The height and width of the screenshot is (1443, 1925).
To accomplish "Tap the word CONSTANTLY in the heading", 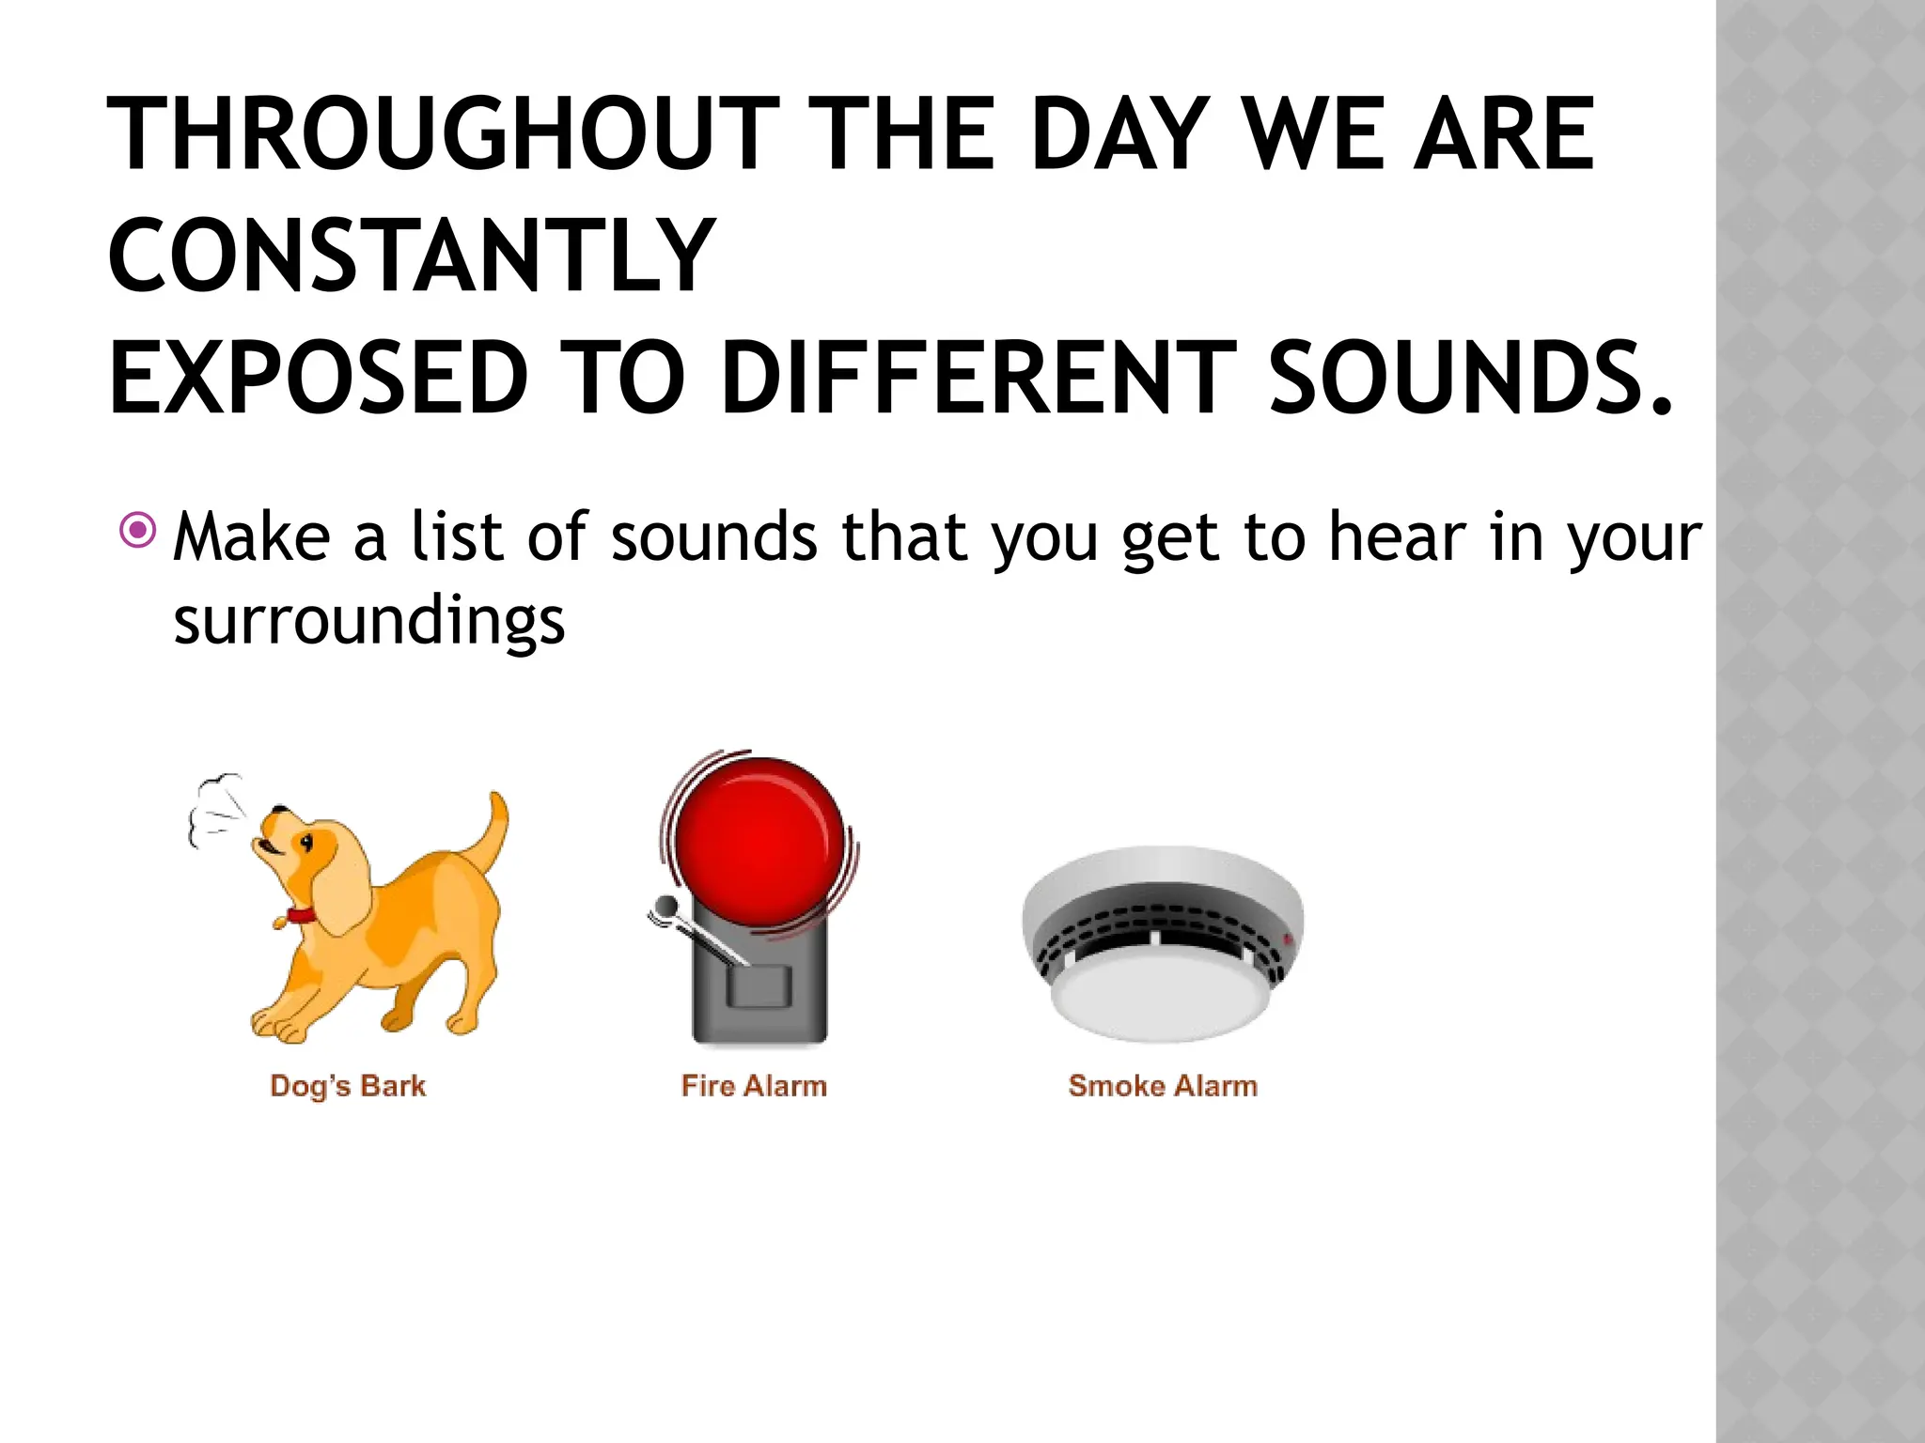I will (411, 256).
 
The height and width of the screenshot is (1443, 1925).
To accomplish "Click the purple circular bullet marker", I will (138, 531).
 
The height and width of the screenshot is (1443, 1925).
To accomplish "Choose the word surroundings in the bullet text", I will (368, 622).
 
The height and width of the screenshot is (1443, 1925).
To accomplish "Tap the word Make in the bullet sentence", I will (251, 537).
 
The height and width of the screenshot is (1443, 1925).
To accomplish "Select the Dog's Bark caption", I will (348, 1086).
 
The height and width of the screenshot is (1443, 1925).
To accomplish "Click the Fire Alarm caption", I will (754, 1086).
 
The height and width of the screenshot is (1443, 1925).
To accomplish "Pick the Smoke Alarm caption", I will (1163, 1086).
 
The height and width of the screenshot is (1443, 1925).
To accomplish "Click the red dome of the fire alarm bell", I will (759, 841).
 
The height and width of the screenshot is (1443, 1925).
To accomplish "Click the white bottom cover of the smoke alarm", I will (1162, 1001).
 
